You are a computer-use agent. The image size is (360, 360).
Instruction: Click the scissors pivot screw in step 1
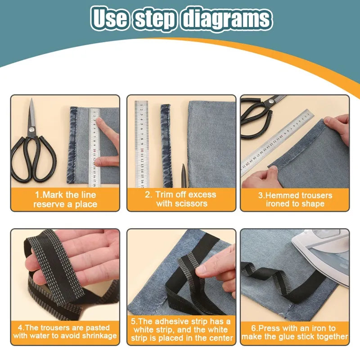(31, 130)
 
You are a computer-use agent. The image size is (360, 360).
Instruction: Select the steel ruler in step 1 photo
(95, 146)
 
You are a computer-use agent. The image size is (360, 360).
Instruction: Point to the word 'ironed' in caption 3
(279, 204)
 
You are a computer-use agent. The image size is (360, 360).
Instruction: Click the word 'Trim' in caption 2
(165, 195)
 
